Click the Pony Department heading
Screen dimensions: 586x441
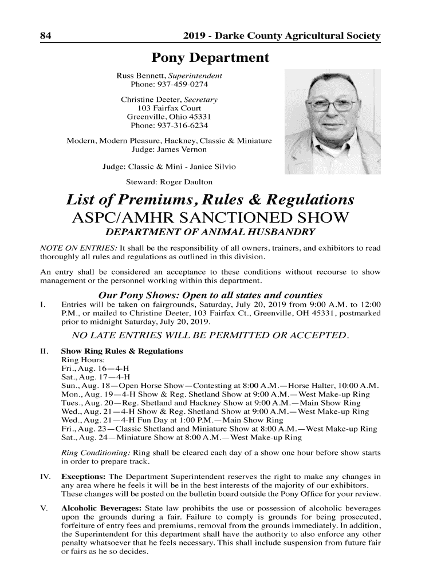coord(210,58)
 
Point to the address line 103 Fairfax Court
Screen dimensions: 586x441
coord(170,108)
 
